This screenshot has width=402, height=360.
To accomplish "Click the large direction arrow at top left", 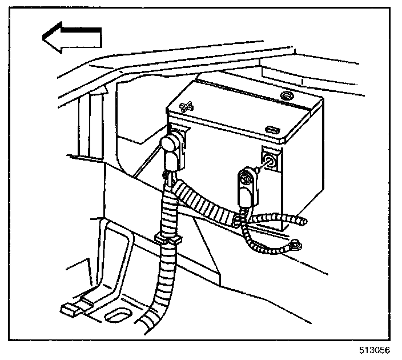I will pos(71,38).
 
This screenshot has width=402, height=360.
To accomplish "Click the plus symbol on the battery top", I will pos(187,106).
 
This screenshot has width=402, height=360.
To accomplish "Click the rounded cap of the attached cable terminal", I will pos(169,142).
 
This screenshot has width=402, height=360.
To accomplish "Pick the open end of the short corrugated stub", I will pos(303,222).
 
